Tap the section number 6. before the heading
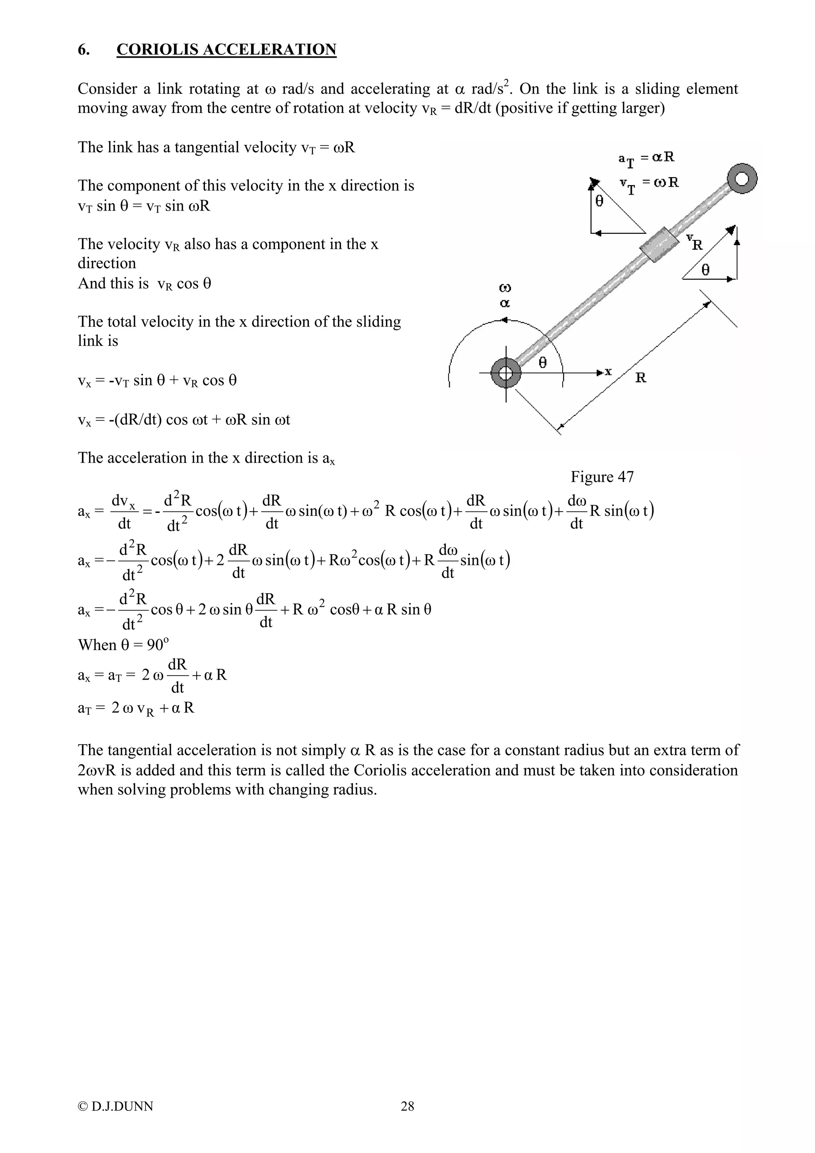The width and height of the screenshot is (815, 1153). click(x=84, y=49)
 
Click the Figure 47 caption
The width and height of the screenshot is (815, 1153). click(x=602, y=477)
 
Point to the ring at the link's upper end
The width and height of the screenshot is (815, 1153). click(x=742, y=179)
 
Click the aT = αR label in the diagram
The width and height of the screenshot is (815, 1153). click(x=646, y=158)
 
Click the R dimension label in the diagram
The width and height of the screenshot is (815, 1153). click(x=640, y=378)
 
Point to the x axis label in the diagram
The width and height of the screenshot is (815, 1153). click(x=608, y=372)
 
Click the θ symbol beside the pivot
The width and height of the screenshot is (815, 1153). click(x=542, y=362)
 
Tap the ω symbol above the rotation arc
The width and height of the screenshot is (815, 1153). click(x=505, y=288)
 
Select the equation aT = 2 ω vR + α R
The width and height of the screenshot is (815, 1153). click(x=136, y=708)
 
